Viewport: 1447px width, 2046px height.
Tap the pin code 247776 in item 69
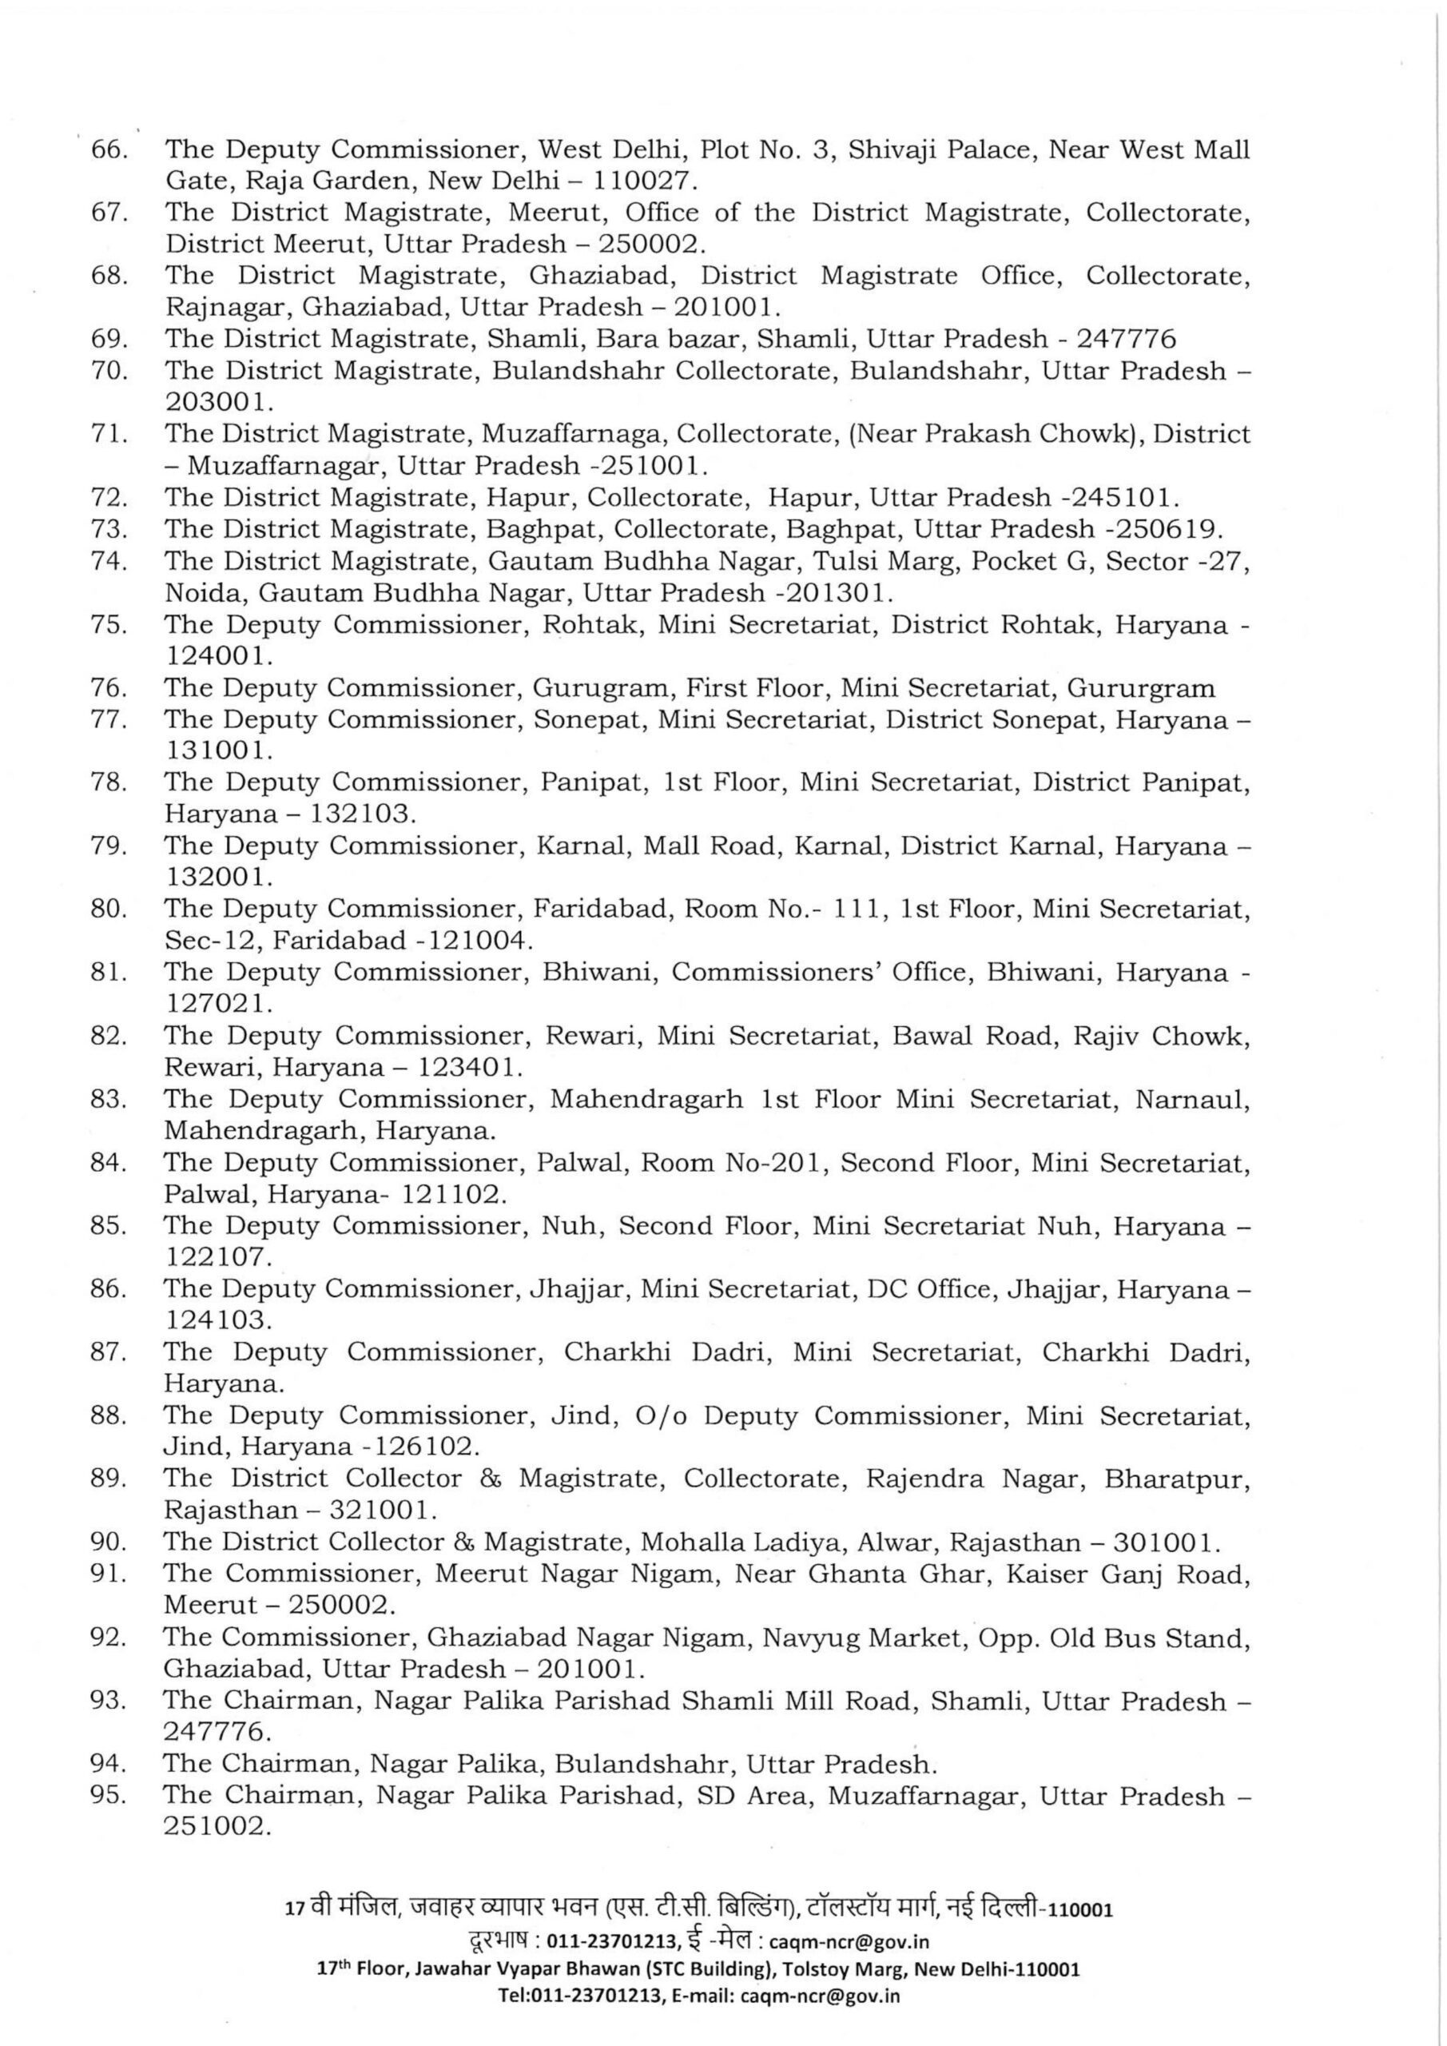[1127, 339]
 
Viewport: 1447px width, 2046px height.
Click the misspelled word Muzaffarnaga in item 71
[574, 434]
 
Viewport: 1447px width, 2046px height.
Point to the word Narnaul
[1191, 1099]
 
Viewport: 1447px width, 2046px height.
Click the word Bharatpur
[1177, 1479]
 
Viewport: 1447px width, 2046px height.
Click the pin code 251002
[216, 1827]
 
